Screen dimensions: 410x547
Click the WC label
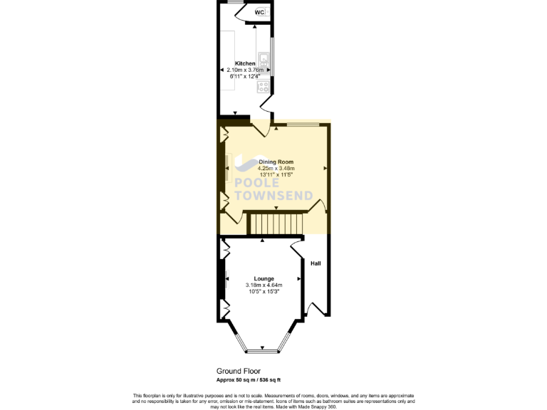[x=259, y=12]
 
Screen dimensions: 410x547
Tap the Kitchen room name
[x=245, y=63]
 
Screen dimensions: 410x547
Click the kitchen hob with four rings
[x=264, y=88]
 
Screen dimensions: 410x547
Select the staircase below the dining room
[x=276, y=224]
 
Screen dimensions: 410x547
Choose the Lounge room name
[x=264, y=278]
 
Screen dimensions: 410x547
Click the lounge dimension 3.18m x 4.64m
[x=264, y=285]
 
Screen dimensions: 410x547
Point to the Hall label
[x=316, y=263]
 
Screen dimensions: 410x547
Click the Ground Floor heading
[x=239, y=371]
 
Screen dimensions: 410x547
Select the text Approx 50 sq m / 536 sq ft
[x=254, y=380]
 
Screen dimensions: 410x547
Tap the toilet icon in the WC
[x=267, y=12]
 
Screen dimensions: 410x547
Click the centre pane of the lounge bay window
[x=261, y=349]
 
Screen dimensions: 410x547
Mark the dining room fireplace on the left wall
[x=226, y=169]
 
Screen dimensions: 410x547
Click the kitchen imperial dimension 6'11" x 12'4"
[x=245, y=76]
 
